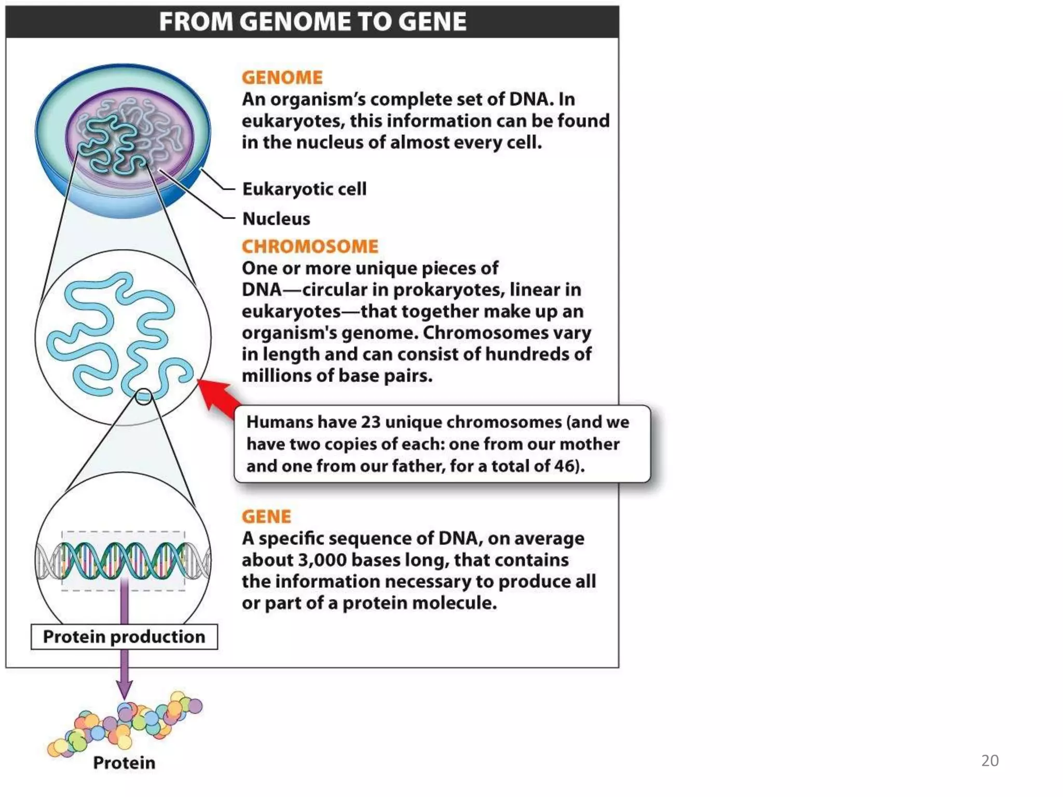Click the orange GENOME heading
(282, 78)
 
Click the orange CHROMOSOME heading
(310, 246)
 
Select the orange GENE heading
(266, 517)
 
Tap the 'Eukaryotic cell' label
(304, 189)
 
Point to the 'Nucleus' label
(276, 219)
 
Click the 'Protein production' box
(124, 637)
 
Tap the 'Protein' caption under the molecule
(124, 763)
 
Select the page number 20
(989, 761)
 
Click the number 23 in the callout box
(371, 422)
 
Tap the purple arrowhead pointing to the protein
(124, 690)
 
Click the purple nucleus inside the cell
(130, 138)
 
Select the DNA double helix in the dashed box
(123, 561)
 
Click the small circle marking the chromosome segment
(143, 397)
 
